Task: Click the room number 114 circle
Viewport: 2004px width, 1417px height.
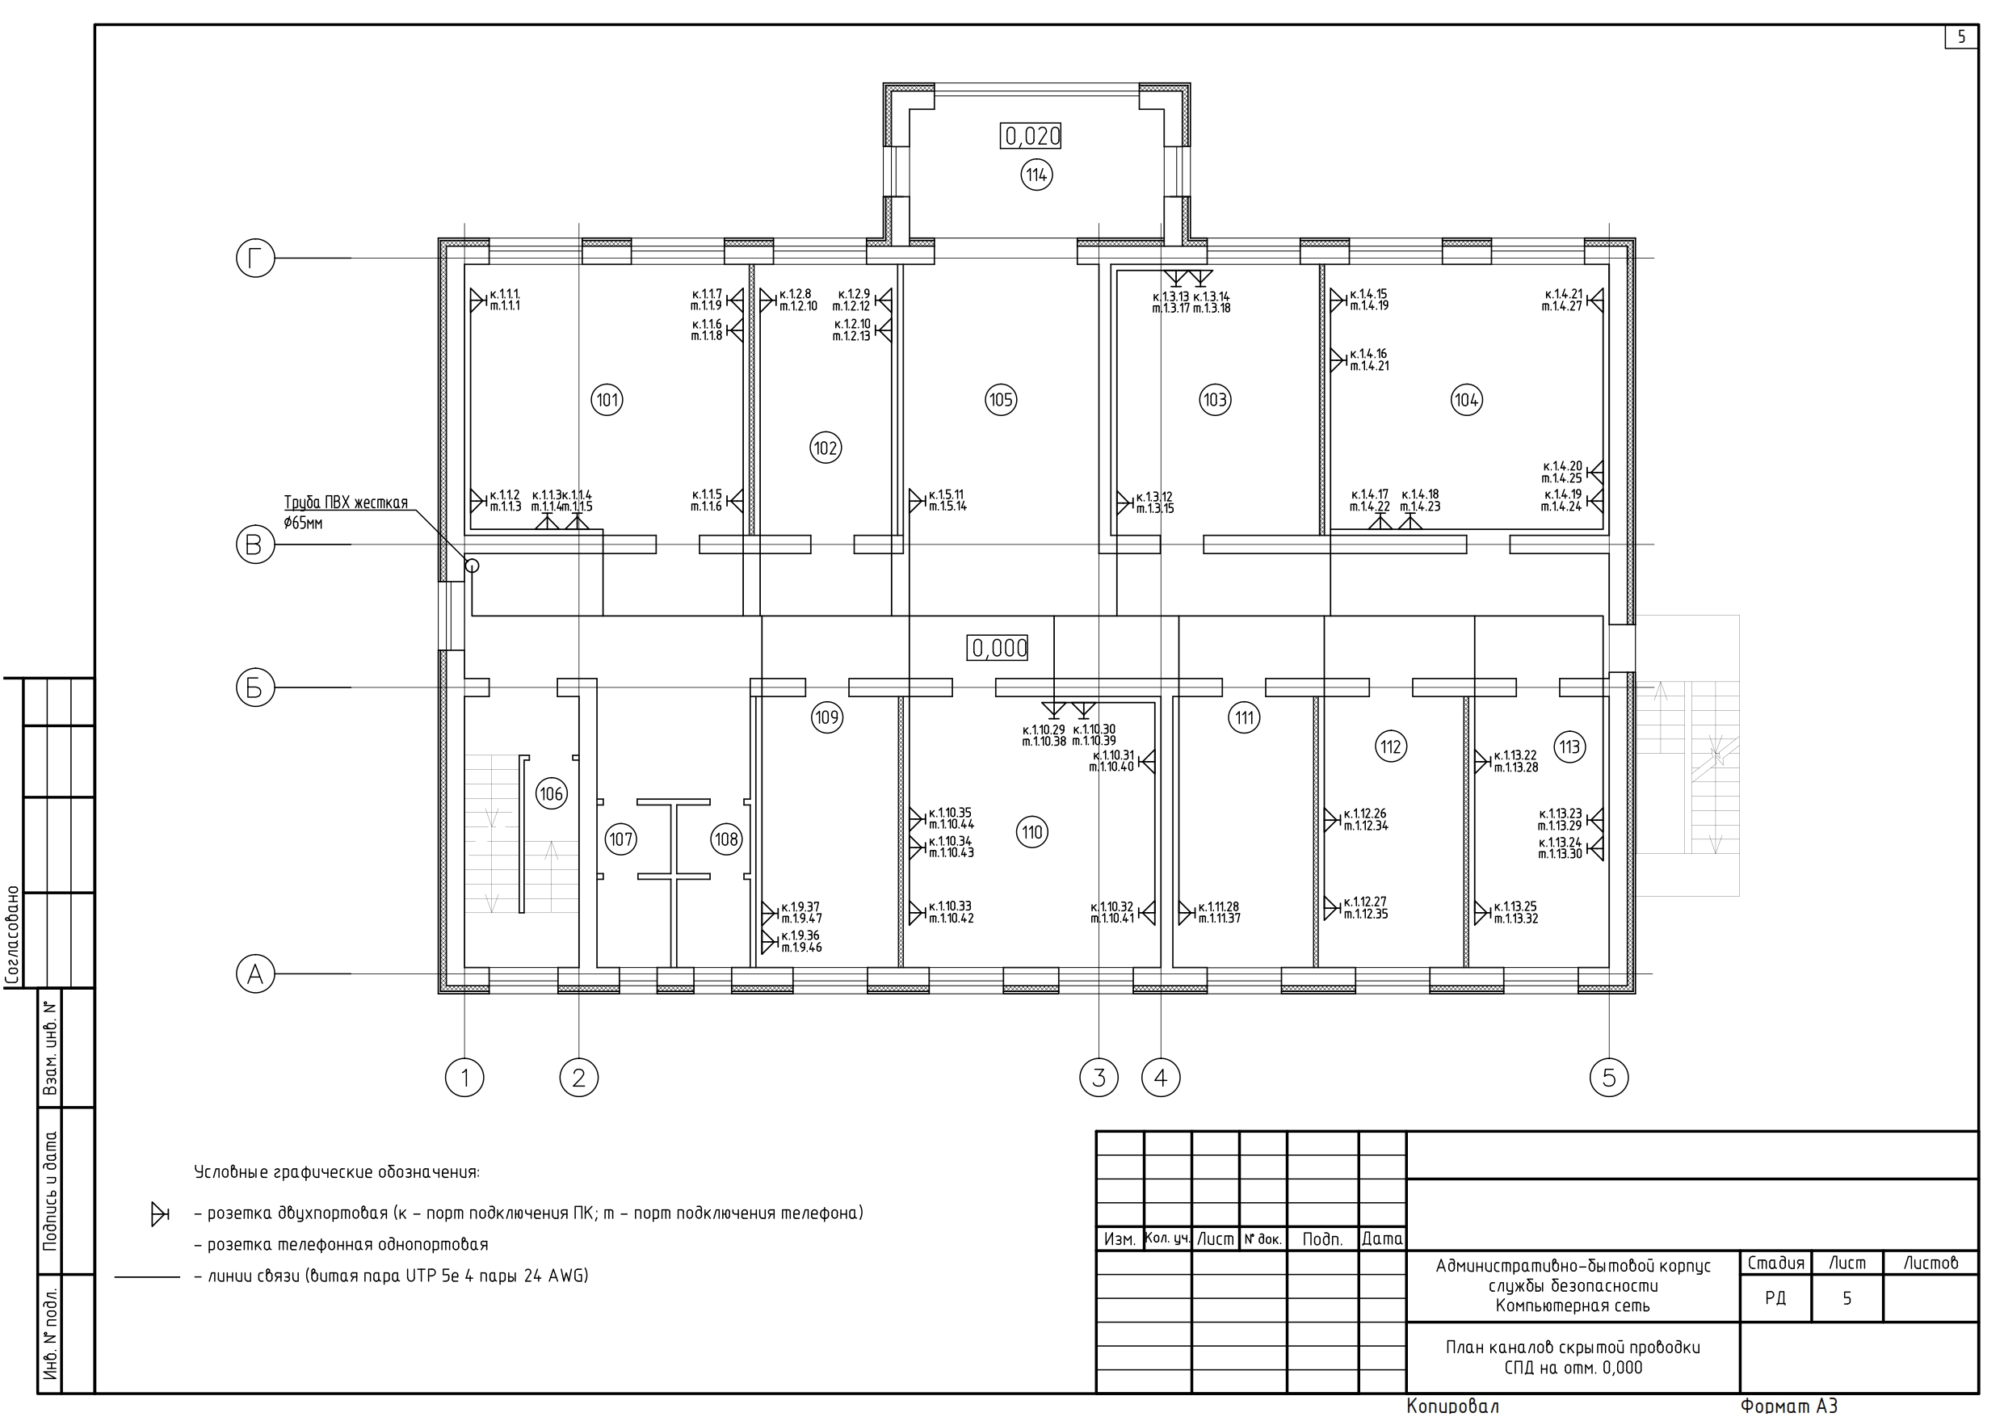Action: [x=1036, y=175]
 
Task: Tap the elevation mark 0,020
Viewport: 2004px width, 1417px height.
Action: [x=1032, y=137]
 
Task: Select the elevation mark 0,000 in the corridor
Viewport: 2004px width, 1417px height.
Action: [x=999, y=648]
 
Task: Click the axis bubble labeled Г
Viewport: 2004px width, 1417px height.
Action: [x=255, y=259]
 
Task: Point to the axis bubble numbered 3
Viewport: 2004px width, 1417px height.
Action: [x=1099, y=1079]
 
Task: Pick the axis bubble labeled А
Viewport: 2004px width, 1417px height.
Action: [x=255, y=973]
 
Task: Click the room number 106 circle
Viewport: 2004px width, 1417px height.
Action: [x=551, y=793]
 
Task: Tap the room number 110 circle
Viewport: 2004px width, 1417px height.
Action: [x=1032, y=832]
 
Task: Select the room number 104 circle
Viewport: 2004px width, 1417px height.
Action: [x=1466, y=400]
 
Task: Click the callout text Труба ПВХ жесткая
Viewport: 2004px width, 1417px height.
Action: [x=346, y=502]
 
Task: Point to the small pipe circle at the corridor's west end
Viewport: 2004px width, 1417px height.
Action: [x=473, y=566]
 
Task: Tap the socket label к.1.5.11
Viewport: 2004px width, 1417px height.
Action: [x=946, y=494]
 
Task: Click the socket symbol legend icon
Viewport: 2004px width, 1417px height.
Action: [x=159, y=1213]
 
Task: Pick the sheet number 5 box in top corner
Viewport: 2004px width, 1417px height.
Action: [x=1962, y=37]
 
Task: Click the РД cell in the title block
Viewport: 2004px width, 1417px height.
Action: [x=1775, y=1298]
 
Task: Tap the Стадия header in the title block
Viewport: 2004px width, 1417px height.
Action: [x=1775, y=1263]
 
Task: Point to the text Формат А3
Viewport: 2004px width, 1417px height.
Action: [x=1789, y=1406]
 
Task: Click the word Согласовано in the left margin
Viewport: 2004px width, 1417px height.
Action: [x=13, y=935]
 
